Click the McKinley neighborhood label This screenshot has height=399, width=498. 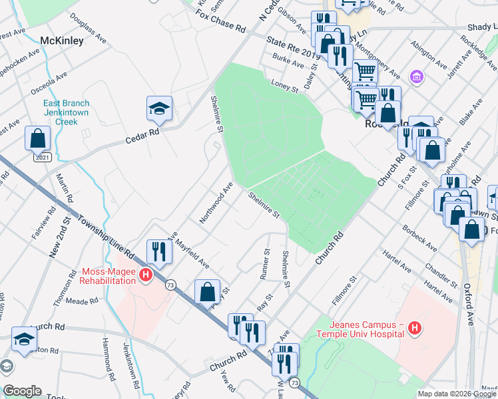(x=61, y=41)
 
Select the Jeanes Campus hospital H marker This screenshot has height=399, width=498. (x=415, y=328)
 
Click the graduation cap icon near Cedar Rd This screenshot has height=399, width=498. (x=160, y=108)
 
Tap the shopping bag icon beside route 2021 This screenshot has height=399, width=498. (x=38, y=138)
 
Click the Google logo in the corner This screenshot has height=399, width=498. (x=22, y=391)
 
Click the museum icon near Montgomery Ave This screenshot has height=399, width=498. (x=417, y=77)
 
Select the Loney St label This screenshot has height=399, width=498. (x=285, y=84)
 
